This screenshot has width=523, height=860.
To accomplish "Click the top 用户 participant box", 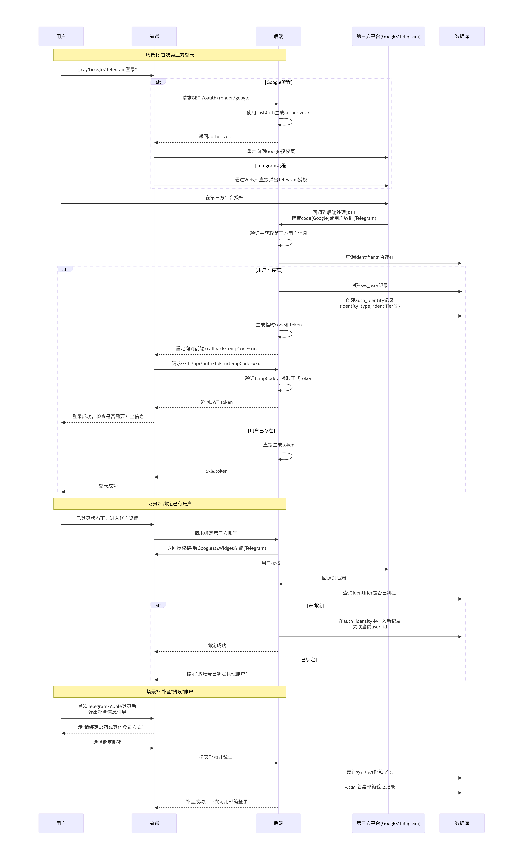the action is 61,36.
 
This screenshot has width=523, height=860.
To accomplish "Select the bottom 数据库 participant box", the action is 461,823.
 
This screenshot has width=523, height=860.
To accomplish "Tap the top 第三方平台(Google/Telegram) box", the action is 388,36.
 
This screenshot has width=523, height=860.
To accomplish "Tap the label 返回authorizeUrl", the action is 217,137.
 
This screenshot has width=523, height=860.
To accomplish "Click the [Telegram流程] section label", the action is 271,165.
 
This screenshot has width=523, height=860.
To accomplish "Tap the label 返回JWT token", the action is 217,402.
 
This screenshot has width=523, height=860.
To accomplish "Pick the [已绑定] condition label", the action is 308,660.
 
